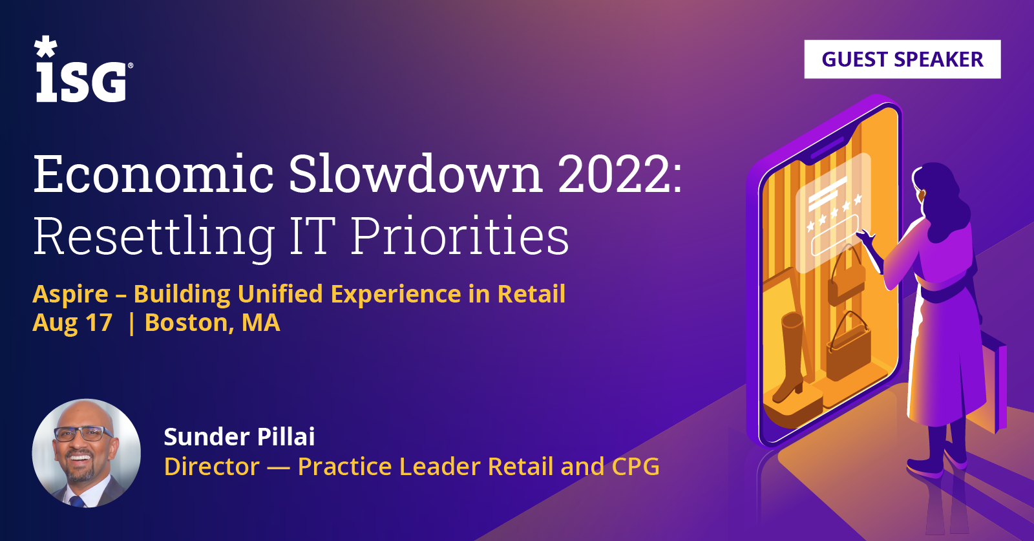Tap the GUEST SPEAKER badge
(902, 59)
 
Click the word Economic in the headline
(154, 174)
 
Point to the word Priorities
(459, 236)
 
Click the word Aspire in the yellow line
(70, 294)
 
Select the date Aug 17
(72, 322)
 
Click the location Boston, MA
(213, 322)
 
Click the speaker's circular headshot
(87, 453)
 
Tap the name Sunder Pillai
(239, 437)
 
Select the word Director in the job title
(211, 466)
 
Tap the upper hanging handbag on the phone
(846, 277)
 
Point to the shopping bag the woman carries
(993, 383)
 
